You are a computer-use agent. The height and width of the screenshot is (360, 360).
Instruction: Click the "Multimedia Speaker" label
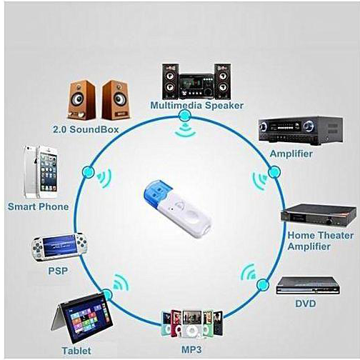tap(196, 106)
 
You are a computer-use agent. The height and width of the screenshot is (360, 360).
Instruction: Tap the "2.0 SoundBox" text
tap(86, 129)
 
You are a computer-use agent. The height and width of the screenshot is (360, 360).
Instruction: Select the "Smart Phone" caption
tap(38, 206)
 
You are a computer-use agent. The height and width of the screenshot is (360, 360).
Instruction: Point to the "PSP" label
tap(58, 271)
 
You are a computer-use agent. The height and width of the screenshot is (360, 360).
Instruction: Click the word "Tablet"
tap(76, 351)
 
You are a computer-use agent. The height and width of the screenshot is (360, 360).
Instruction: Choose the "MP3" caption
tap(191, 349)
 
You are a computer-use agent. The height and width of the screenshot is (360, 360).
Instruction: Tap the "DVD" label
tap(306, 304)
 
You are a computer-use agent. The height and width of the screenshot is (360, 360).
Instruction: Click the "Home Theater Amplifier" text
tap(320, 241)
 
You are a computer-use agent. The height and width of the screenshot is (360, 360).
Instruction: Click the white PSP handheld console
tap(59, 247)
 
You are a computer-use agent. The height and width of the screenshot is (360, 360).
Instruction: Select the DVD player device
tap(308, 286)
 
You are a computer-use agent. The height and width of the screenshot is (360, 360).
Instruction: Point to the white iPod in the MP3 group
tap(191, 324)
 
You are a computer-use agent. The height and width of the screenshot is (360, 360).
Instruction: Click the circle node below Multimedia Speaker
tap(184, 116)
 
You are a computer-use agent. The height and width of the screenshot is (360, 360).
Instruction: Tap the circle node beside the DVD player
tap(263, 285)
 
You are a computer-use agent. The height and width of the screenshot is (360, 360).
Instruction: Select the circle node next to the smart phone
tap(89, 171)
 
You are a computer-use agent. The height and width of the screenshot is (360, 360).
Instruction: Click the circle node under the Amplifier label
tap(274, 171)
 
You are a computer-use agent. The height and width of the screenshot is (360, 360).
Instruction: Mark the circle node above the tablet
tap(106, 295)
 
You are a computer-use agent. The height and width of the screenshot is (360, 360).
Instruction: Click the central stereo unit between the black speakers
tap(196, 86)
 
